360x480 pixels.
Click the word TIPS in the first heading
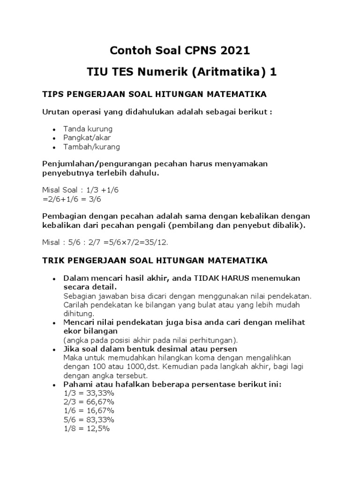coord(54,95)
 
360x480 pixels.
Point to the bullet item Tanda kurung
coord(88,129)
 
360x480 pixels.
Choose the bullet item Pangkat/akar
coord(88,138)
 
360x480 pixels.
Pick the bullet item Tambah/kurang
coord(92,147)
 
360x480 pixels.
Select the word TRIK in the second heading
coord(54,260)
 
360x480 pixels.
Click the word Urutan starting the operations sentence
coord(56,112)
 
